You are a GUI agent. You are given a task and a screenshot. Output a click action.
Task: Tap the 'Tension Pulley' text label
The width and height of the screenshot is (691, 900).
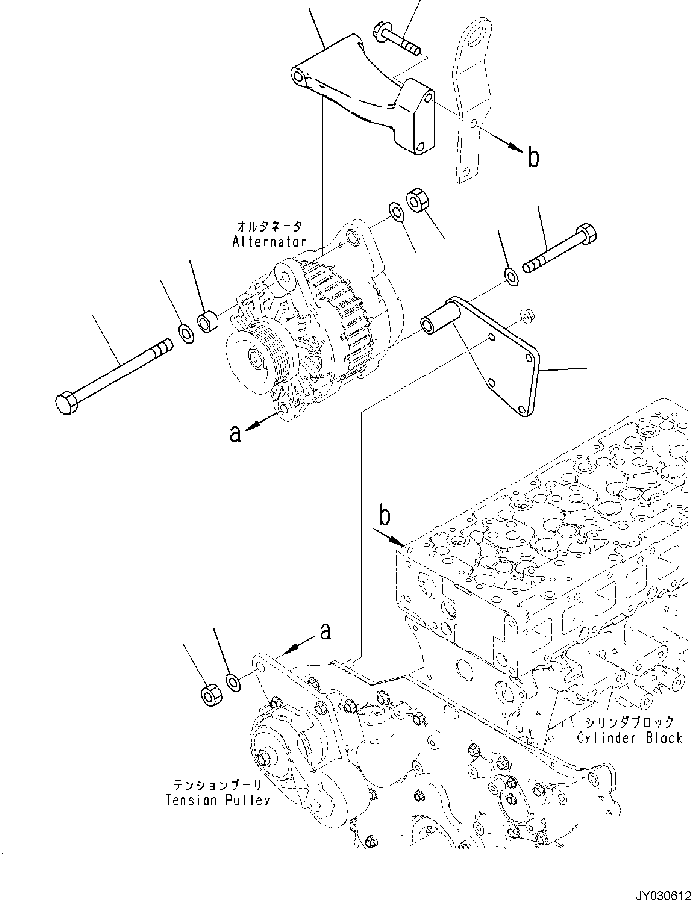(217, 800)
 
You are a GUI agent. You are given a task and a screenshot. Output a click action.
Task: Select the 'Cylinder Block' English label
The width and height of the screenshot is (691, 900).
(629, 738)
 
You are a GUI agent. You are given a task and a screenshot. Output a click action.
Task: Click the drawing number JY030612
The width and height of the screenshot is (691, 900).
(662, 892)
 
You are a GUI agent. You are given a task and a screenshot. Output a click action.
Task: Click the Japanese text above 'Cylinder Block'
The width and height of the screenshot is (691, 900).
(629, 722)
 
